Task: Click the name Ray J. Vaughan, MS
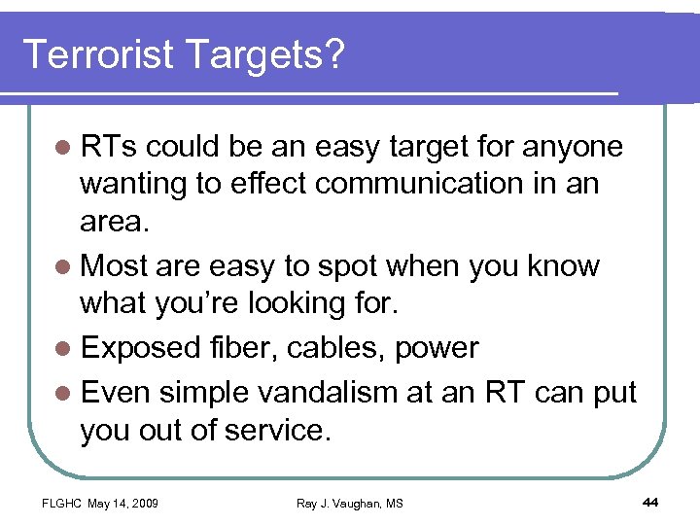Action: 350,503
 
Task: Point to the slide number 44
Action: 651,502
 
